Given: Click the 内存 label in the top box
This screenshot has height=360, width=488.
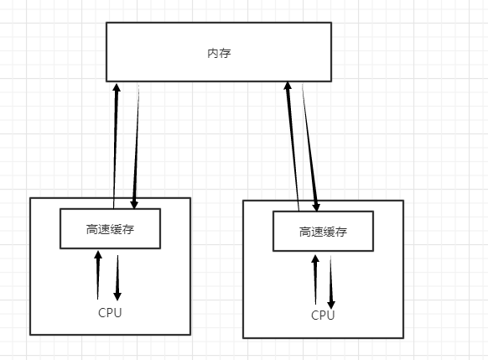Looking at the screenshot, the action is click(x=219, y=53).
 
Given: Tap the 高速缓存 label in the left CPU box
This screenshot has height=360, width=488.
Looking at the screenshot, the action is click(x=110, y=230).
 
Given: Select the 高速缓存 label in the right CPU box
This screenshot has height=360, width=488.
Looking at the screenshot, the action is click(x=323, y=232).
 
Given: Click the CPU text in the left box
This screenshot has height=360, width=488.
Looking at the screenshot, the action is click(x=110, y=313).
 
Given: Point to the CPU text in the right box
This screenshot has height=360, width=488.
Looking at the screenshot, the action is click(x=323, y=316).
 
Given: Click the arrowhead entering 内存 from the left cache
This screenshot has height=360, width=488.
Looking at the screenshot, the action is click(x=117, y=87).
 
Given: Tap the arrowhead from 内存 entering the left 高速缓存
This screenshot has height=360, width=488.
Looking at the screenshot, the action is click(x=134, y=204).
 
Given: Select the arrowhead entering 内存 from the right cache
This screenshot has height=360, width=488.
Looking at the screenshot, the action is click(x=288, y=86).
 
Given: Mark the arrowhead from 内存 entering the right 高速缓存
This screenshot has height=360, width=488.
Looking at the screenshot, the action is click(x=316, y=207).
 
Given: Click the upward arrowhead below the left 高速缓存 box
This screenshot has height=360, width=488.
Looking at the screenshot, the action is click(x=98, y=255).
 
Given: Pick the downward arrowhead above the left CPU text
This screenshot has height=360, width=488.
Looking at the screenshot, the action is click(x=117, y=296).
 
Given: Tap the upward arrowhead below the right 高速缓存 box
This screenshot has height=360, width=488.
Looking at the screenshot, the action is click(x=315, y=259).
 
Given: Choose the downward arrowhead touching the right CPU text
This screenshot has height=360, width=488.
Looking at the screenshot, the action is click(x=331, y=305).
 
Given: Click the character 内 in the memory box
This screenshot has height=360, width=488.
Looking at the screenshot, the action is click(x=213, y=53).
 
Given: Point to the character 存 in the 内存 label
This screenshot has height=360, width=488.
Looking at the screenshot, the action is click(x=226, y=53).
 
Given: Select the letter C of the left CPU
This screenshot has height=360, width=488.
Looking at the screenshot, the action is click(x=102, y=313).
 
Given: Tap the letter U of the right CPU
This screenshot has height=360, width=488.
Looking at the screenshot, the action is click(x=330, y=316).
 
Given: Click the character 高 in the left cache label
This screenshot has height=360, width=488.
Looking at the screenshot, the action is click(x=92, y=230).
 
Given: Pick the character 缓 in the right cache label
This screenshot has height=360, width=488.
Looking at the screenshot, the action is click(x=329, y=232).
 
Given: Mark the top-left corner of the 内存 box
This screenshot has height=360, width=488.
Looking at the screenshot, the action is click(x=106, y=23).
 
